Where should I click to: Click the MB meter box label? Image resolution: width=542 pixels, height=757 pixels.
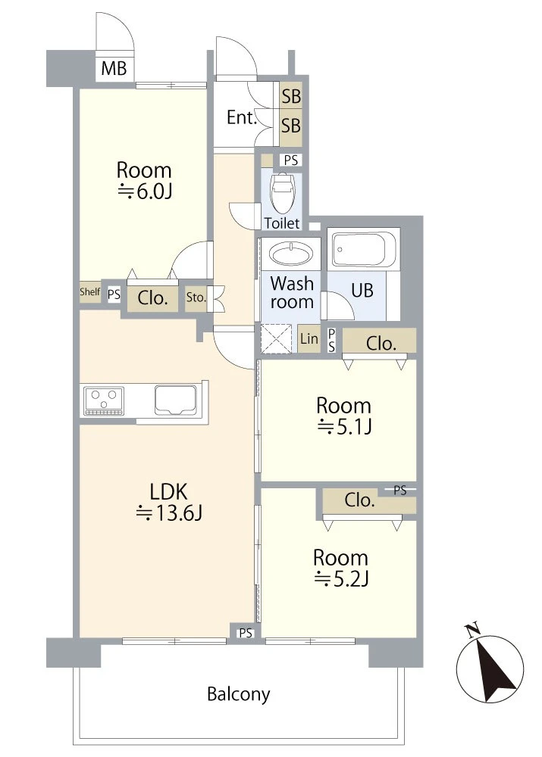coord(114,68)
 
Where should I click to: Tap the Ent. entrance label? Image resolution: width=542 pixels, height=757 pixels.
coord(241,117)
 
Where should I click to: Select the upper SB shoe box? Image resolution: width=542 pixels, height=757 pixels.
coord(291,96)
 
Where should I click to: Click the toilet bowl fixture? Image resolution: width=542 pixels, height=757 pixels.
coord(282,192)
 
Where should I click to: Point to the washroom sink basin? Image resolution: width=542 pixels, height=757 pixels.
coord(290,253)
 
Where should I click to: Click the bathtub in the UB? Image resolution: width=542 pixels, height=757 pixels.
coord(362,249)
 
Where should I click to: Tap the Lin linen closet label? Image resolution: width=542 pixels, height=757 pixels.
coord(309,338)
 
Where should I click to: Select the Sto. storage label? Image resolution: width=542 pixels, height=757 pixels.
coord(196,297)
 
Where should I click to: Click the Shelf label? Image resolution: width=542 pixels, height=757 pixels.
coord(90,291)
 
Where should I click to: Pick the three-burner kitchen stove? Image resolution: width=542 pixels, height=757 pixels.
coord(104,400)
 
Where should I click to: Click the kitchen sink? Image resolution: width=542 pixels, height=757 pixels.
coord(176,399)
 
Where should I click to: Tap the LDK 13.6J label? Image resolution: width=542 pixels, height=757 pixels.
coord(169,502)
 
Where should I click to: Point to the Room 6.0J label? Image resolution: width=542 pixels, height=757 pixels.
coord(144,181)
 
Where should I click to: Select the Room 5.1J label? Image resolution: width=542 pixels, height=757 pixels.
coord(343,416)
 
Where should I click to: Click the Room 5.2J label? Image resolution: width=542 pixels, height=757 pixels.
coord(341,568)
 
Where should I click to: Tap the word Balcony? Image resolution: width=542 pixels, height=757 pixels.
coord(238,694)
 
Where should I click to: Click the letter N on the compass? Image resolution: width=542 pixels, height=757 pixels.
coord(472,629)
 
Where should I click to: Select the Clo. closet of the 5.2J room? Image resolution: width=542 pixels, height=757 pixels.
coord(359,500)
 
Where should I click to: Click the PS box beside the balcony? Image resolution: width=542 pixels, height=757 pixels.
coord(246,632)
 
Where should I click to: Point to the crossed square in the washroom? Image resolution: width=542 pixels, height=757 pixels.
coord(276,338)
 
